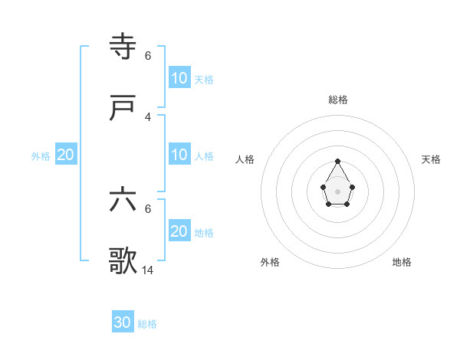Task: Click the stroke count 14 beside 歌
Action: (x=148, y=270)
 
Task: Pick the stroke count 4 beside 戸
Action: (x=148, y=116)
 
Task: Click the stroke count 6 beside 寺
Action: (x=148, y=55)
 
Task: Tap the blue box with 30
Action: (x=123, y=322)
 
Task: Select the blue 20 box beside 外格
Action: (x=65, y=155)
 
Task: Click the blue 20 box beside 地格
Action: (x=179, y=231)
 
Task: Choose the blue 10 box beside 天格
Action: (x=179, y=78)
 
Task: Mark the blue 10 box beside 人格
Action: (x=179, y=155)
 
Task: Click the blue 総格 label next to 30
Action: (x=147, y=324)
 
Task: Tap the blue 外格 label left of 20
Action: (x=41, y=156)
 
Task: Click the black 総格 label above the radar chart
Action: (x=338, y=100)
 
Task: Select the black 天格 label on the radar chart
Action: (x=431, y=159)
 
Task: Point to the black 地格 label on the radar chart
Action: (x=402, y=262)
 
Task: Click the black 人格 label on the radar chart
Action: (x=245, y=159)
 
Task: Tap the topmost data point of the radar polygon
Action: (x=337, y=161)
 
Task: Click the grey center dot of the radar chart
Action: (x=337, y=191)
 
